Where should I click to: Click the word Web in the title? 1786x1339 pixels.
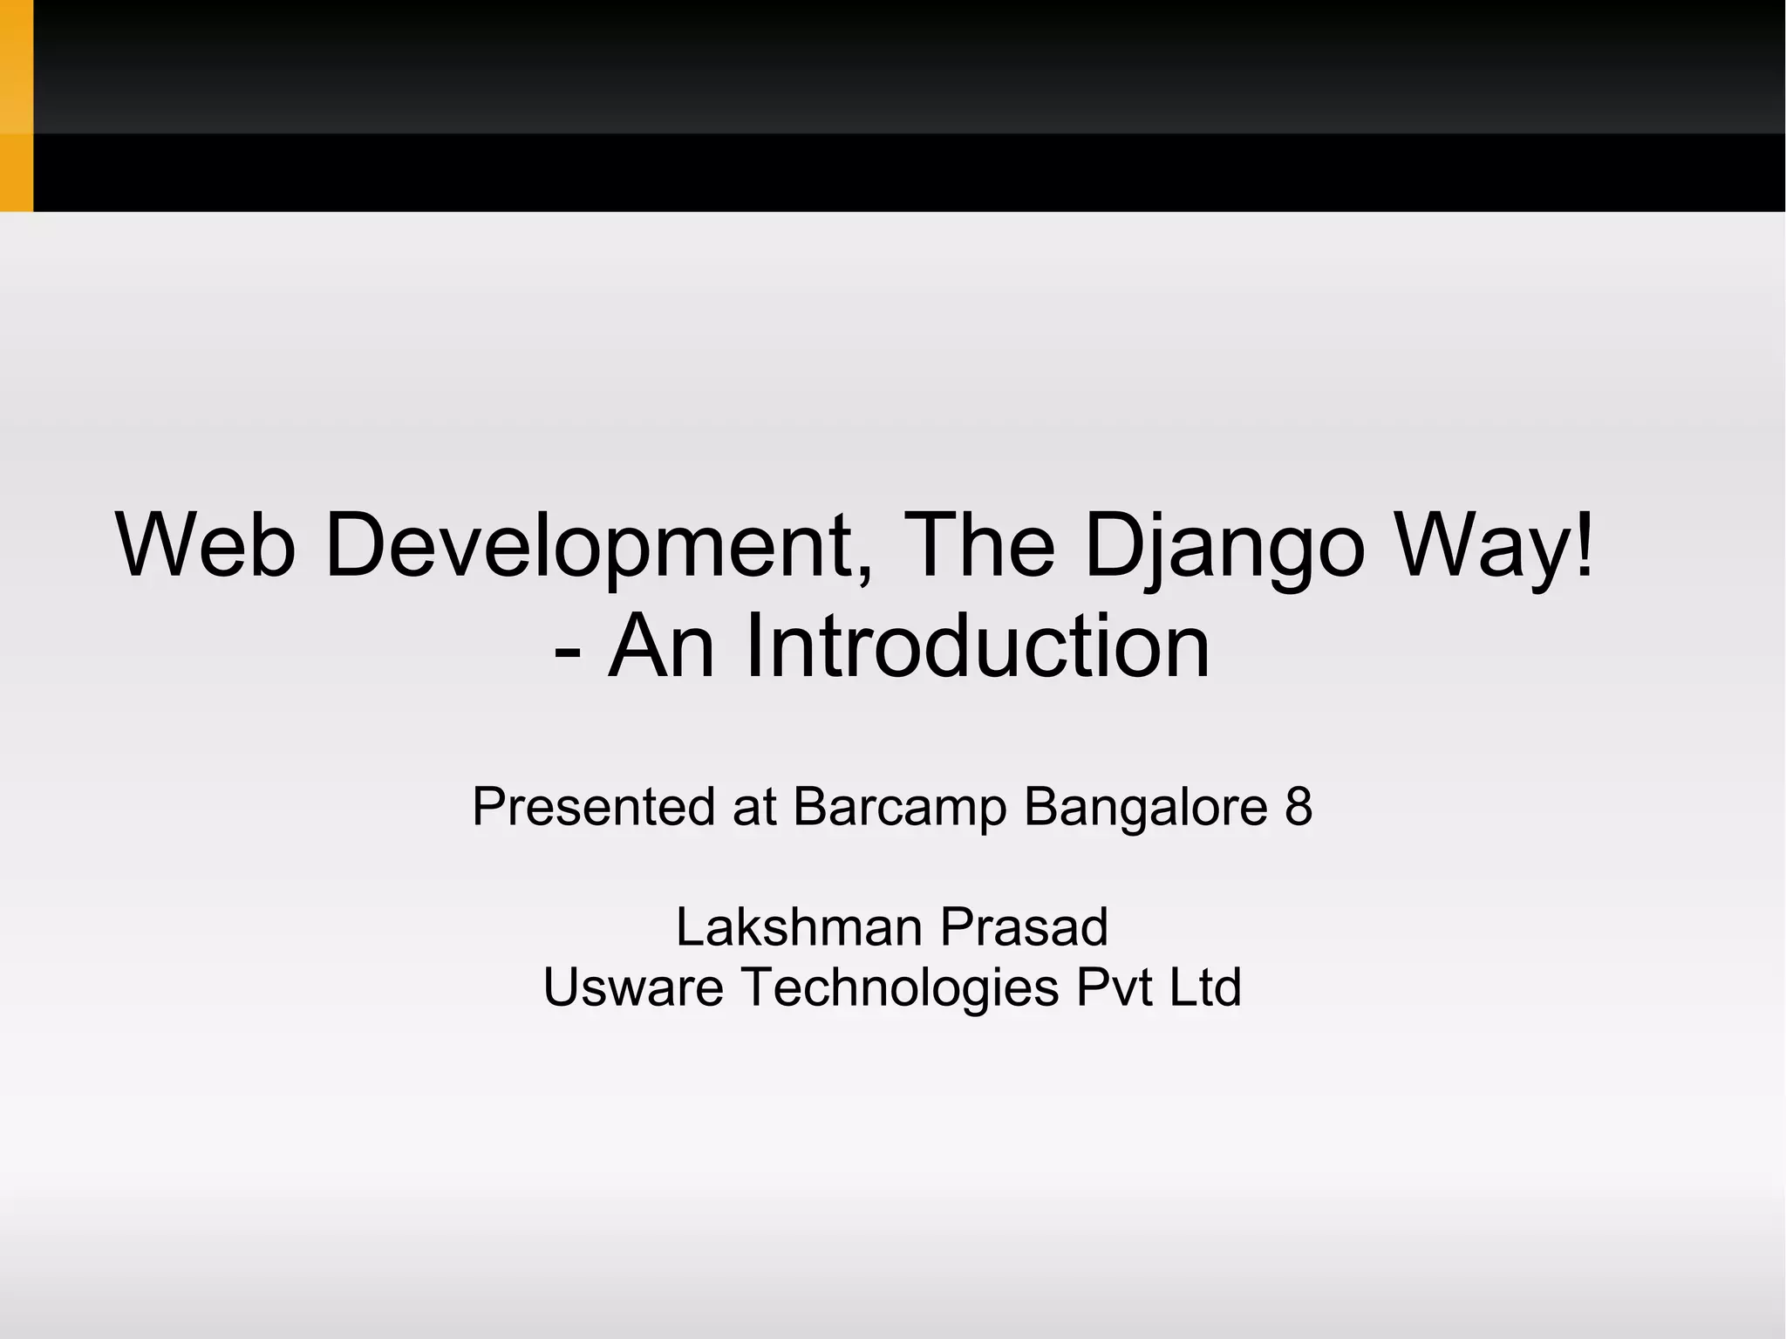(206, 545)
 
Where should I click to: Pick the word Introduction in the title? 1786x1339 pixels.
(977, 646)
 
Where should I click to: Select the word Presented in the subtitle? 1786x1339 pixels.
(594, 806)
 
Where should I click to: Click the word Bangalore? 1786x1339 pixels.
(1145, 806)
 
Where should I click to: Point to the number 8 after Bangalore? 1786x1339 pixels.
(1298, 806)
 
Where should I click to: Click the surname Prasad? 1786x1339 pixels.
(1024, 926)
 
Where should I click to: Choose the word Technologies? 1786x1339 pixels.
(900, 987)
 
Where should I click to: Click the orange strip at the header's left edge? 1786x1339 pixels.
(16, 105)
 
